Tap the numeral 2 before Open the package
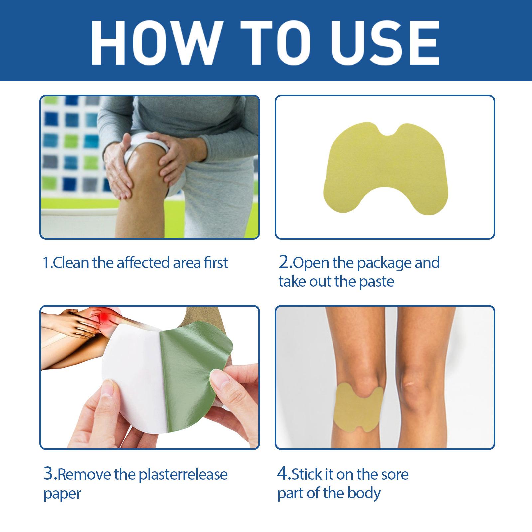[x=284, y=263]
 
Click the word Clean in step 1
[x=71, y=263]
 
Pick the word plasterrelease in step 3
[x=183, y=475]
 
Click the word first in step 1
[x=216, y=263]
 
